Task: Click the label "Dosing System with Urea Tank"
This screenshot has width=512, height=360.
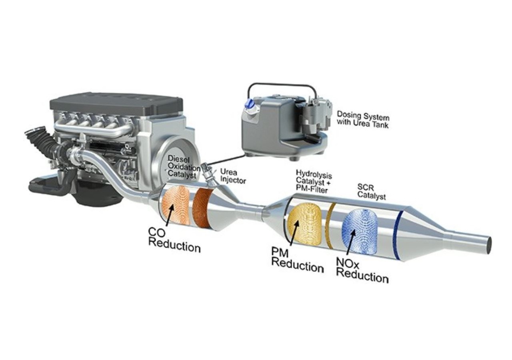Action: coord(363,119)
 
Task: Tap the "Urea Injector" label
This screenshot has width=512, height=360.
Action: coord(233,176)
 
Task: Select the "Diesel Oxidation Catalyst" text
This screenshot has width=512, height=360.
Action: coord(184,167)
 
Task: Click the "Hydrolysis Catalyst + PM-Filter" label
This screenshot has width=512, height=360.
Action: coord(314,182)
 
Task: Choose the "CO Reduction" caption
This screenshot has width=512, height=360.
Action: coord(174,240)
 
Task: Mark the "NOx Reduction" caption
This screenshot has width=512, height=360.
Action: coord(362,270)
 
